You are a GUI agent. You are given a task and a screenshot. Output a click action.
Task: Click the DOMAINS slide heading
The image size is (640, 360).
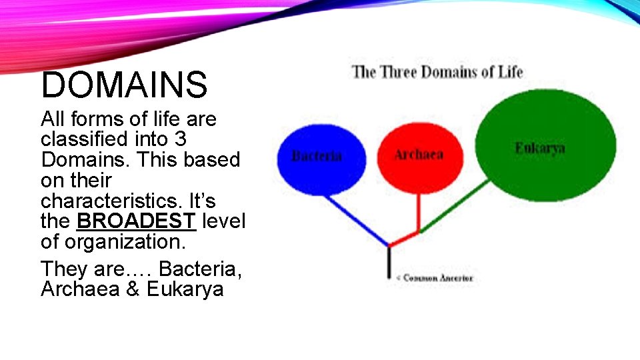tap(125, 85)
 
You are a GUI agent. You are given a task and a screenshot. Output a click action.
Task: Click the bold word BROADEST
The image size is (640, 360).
tap(136, 221)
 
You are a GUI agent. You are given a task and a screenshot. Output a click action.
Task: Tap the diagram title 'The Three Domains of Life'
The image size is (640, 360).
tap(437, 71)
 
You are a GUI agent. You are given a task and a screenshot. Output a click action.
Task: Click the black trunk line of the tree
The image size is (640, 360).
tap(389, 263)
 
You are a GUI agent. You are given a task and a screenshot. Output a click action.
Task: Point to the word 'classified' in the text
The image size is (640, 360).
tap(87, 140)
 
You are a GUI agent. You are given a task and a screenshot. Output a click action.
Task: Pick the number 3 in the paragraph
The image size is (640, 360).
tap(179, 140)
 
